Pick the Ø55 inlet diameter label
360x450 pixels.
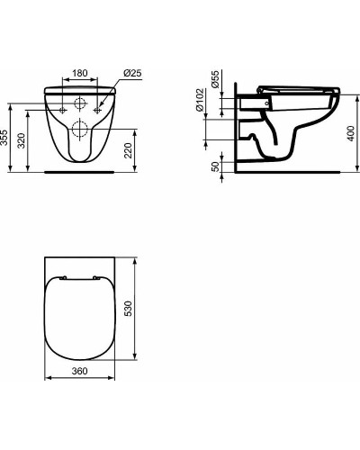[x=216, y=79]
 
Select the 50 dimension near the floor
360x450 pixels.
[x=216, y=168]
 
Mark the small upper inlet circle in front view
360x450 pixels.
[x=81, y=101]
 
